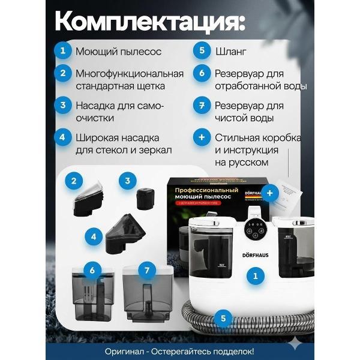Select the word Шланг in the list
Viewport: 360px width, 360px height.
(229, 52)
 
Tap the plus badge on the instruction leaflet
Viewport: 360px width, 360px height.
(269, 193)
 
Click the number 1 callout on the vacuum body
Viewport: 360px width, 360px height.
(255, 277)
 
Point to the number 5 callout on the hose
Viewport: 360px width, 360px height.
(224, 318)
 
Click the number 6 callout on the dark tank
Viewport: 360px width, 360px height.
(91, 271)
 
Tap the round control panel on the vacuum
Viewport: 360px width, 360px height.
(253, 230)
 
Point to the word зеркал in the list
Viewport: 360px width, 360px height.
(152, 149)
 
